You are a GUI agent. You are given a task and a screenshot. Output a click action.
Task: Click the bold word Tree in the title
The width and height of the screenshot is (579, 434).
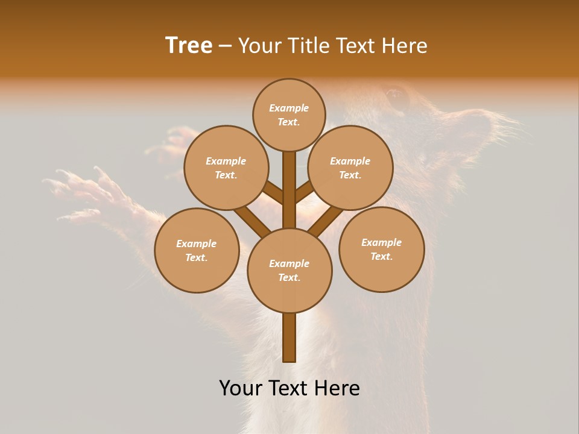point(189,46)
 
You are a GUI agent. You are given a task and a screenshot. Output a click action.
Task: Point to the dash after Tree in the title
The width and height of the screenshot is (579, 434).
point(226,46)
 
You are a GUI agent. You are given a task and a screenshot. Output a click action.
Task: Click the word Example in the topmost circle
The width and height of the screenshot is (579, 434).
point(289,108)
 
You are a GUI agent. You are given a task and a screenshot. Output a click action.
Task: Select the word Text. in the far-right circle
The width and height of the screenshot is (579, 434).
point(381,256)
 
